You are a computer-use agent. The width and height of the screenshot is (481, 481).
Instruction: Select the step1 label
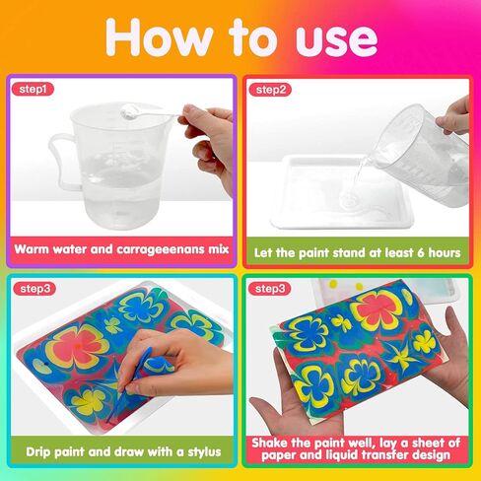tap(35, 90)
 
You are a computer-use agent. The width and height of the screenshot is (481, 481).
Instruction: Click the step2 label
tap(272, 90)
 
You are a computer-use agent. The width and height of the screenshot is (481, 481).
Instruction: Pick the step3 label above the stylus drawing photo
tap(35, 289)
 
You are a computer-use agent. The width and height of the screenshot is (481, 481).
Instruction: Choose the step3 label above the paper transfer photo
tap(272, 289)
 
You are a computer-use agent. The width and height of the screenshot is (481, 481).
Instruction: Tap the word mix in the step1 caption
tap(218, 249)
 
